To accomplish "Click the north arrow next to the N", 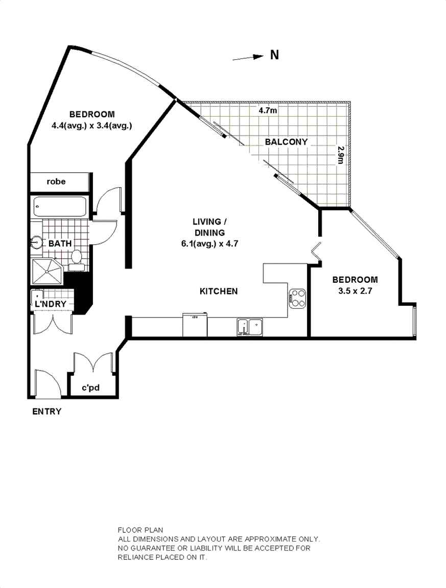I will (x=248, y=58).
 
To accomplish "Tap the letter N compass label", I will (x=274, y=55).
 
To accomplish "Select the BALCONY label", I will (x=286, y=142).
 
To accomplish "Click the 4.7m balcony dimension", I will (x=268, y=110).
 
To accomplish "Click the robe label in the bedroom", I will (x=56, y=182).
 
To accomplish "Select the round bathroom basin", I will (x=37, y=242).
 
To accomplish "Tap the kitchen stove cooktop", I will (x=298, y=299).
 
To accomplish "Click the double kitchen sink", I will (x=249, y=326).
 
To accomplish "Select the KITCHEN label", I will (x=218, y=291).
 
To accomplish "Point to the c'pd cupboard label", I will (x=90, y=388).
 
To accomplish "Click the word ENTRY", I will (x=46, y=412).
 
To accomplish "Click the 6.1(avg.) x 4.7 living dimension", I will (x=210, y=244).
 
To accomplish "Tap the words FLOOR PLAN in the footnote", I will (x=140, y=530).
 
